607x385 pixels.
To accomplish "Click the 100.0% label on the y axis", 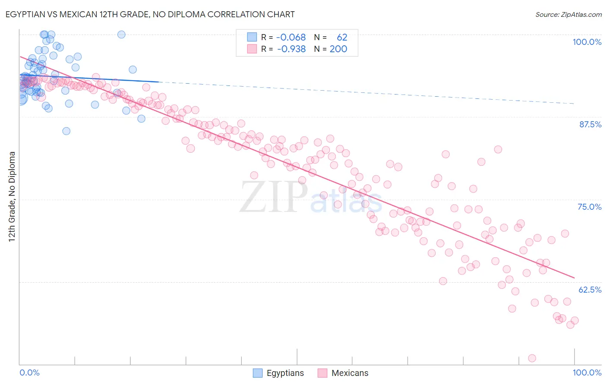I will tap(587, 42).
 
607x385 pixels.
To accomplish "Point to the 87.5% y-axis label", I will tap(590, 124).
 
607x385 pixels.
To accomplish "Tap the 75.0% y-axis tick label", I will tap(589, 207).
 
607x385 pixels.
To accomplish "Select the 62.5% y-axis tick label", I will tap(590, 290).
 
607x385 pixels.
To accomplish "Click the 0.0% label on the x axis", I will tap(29, 372).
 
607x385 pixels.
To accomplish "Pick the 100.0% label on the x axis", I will tap(587, 372).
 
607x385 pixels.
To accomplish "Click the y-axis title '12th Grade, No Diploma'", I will tap(12, 196).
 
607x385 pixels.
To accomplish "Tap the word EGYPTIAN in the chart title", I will tap(25, 14).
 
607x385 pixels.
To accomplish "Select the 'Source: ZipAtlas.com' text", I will tap(568, 14).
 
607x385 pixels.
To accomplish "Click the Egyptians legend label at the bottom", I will tap(285, 373).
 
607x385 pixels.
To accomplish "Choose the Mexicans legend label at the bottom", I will tap(350, 373).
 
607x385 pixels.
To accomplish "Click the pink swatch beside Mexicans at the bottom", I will tap(322, 373).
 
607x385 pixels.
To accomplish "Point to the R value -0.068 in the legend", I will tap(291, 37).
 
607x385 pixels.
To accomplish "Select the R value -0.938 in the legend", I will tap(291, 49).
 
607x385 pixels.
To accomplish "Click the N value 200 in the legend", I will tap(338, 49).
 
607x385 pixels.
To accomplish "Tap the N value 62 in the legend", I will tap(342, 37).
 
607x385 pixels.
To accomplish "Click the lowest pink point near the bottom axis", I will tap(532, 358).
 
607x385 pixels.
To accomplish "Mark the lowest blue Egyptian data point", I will tap(66, 131).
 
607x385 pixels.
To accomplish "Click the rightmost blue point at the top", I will tap(121, 35).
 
